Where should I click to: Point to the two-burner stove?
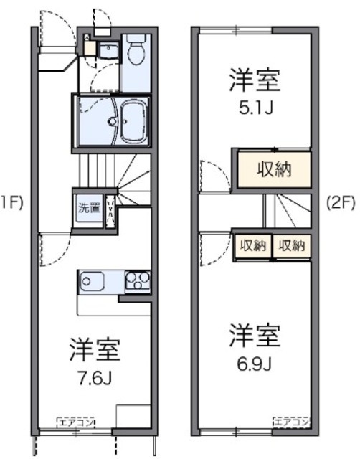coord(138,281)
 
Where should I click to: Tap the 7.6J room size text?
coord(94,378)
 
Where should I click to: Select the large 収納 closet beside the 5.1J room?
coord(274,169)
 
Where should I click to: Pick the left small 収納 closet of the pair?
coord(253,245)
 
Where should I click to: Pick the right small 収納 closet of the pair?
coord(293,245)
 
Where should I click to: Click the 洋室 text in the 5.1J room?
coord(254,80)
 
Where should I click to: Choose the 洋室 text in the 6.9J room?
coord(255,335)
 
